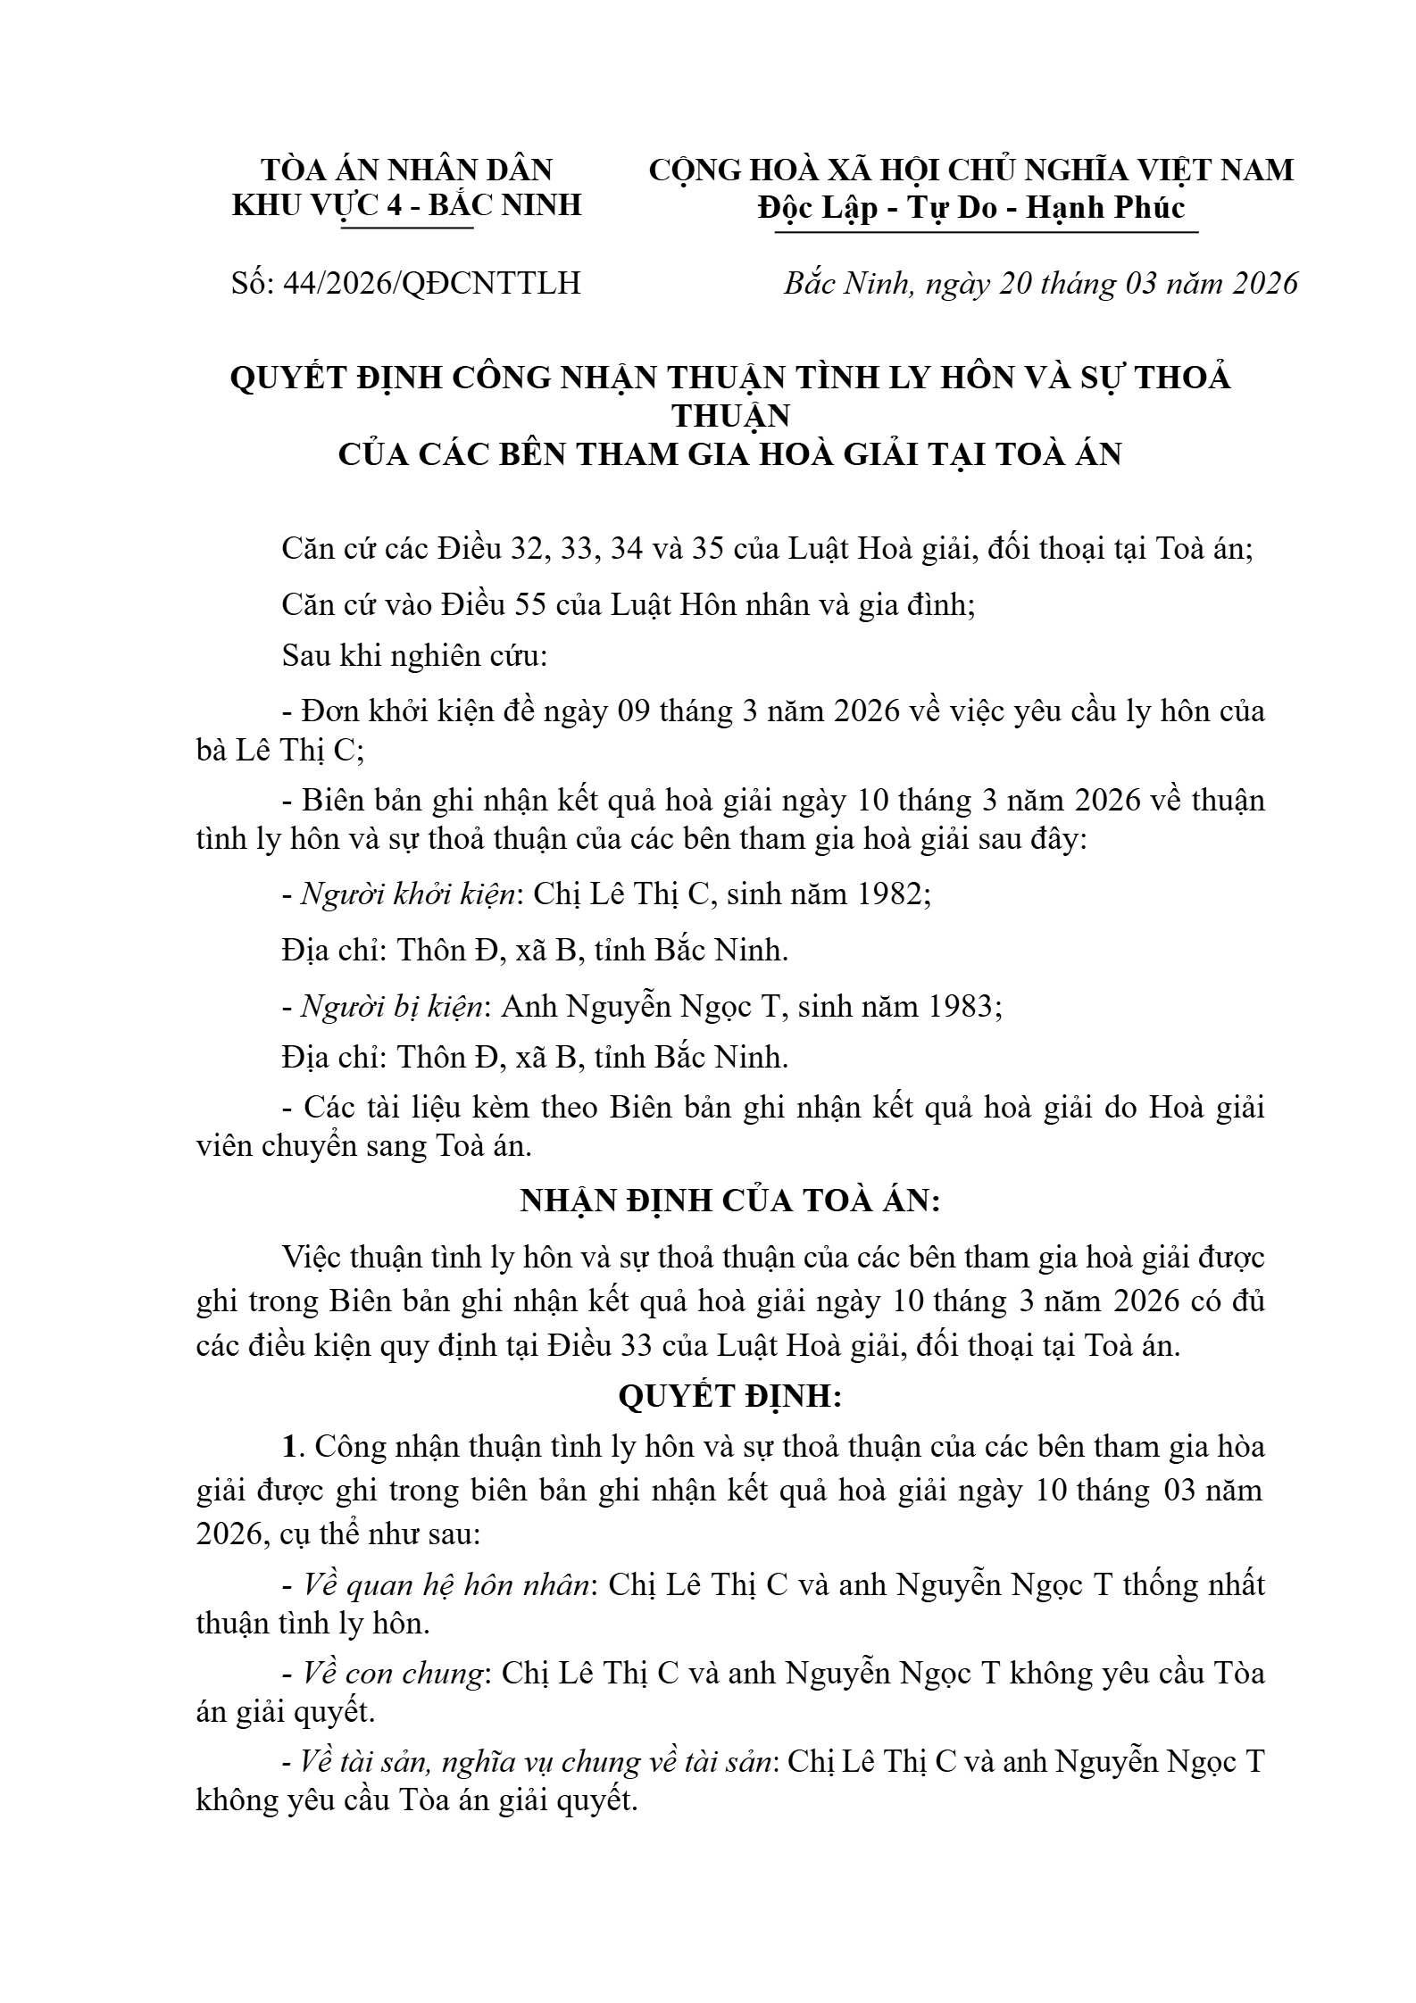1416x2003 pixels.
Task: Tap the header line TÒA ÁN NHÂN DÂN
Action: click(406, 170)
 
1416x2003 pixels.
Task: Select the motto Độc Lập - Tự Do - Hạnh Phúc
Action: click(971, 208)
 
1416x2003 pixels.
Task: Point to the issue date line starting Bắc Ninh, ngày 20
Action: click(1040, 283)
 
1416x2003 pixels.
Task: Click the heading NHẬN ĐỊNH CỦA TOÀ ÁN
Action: click(730, 1201)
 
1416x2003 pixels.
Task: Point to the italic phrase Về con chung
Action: click(393, 1672)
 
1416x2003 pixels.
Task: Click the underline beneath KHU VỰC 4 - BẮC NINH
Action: click(406, 229)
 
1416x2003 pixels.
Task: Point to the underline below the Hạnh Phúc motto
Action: click(986, 233)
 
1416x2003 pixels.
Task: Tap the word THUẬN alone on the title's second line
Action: click(730, 416)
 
